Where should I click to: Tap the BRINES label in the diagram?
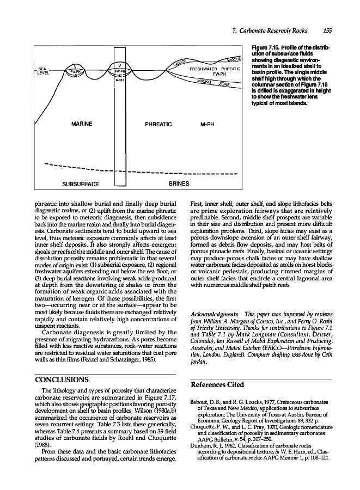click(179, 183)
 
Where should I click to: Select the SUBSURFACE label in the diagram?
click(81, 183)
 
